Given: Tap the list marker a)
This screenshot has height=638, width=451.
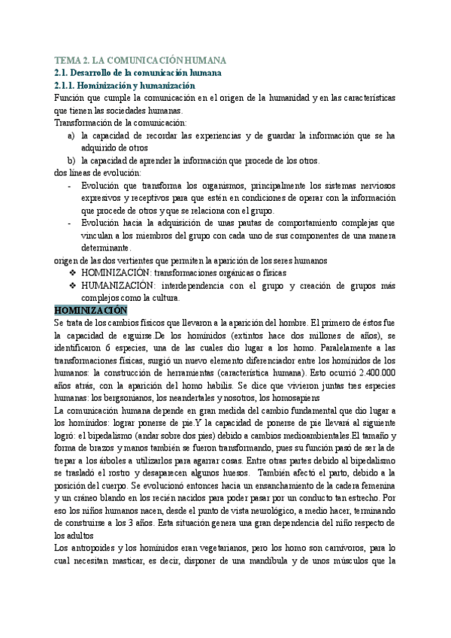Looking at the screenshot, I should tap(71, 135).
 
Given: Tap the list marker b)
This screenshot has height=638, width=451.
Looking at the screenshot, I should tap(71, 160).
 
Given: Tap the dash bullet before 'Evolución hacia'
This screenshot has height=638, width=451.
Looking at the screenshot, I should tap(70, 223).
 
